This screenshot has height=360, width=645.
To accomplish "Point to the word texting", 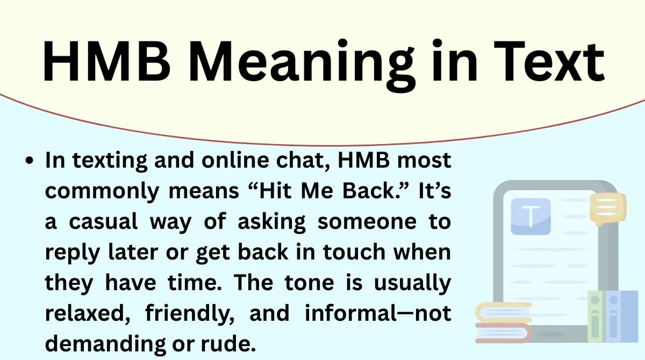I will [103, 161].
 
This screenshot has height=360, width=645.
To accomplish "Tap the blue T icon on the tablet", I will [531, 216].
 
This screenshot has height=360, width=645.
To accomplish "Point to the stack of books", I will [503, 322].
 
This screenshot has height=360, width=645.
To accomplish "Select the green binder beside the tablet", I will [596, 317].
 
